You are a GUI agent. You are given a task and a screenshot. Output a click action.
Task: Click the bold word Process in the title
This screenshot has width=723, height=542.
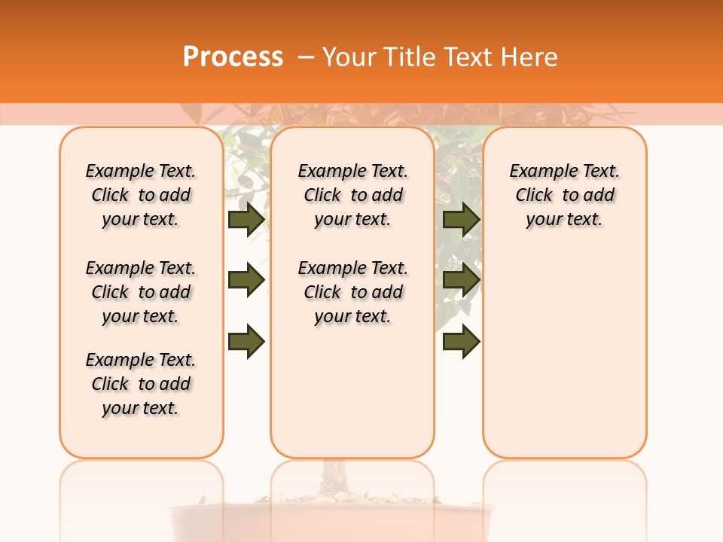tap(233, 56)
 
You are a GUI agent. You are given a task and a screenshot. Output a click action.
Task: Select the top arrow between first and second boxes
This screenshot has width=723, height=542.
tap(246, 219)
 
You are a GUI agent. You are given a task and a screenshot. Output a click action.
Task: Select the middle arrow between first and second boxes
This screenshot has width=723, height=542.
tap(246, 280)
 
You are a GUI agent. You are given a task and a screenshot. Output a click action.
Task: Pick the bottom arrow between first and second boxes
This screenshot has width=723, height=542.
tap(246, 341)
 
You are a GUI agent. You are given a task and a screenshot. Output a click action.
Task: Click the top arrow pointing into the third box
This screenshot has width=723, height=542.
tap(461, 219)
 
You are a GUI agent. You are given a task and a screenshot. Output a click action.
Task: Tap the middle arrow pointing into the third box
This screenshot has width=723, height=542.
tap(461, 280)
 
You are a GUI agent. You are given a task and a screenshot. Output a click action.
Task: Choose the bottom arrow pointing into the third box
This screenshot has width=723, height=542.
tap(461, 341)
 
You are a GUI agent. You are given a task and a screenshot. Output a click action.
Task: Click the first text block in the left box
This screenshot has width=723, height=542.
tap(141, 195)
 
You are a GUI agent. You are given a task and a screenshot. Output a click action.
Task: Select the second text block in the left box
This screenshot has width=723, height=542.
tap(141, 292)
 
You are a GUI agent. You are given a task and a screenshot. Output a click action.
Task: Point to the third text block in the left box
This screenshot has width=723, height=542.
tap(141, 384)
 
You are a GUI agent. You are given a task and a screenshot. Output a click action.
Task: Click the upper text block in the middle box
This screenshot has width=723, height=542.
tap(352, 195)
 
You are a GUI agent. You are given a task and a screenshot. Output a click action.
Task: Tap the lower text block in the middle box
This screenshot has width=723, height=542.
tap(352, 292)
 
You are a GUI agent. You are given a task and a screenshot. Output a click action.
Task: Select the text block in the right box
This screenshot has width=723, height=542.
tap(564, 195)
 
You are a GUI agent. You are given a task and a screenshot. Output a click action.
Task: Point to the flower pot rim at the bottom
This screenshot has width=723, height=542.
tap(331, 509)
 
